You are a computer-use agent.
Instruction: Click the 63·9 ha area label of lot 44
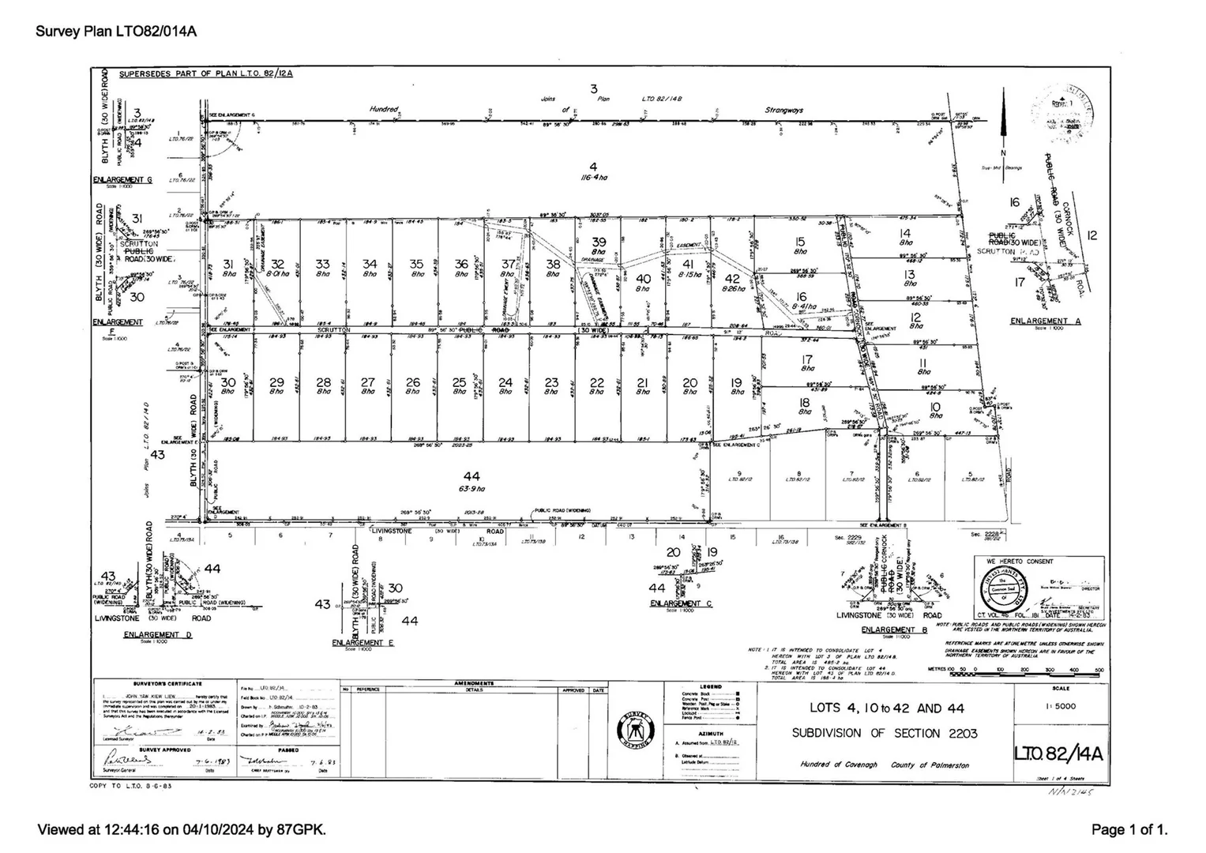click(x=472, y=489)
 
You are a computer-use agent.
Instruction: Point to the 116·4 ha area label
click(x=593, y=178)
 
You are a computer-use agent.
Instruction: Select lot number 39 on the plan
click(x=599, y=242)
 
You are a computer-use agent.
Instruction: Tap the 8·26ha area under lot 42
click(x=733, y=289)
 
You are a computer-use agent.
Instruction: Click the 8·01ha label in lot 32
click(x=277, y=274)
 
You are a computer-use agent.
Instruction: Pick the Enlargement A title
click(x=1046, y=321)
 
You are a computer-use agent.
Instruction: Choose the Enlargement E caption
click(x=363, y=643)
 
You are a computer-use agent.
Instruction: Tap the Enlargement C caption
click(x=681, y=603)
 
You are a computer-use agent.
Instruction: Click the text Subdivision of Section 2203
click(x=885, y=733)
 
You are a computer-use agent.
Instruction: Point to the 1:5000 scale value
click(x=1059, y=706)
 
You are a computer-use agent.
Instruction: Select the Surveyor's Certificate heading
click(x=167, y=684)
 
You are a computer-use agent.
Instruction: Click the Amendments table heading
click(x=474, y=683)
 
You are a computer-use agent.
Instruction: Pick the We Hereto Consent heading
click(x=1019, y=561)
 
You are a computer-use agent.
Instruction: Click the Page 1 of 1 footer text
click(x=1129, y=829)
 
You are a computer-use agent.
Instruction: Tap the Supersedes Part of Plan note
click(x=206, y=74)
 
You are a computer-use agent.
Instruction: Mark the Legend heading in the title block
click(x=710, y=687)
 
